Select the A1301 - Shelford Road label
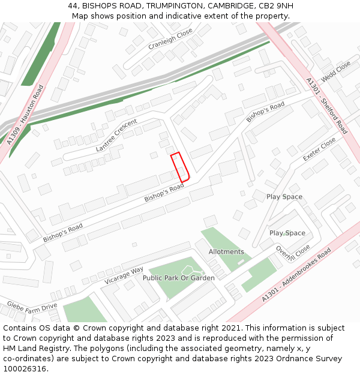(326, 106)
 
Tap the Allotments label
(226, 251)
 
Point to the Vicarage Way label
(124, 274)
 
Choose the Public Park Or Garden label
(178, 278)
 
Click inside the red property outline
(180, 167)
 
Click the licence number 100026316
(25, 368)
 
